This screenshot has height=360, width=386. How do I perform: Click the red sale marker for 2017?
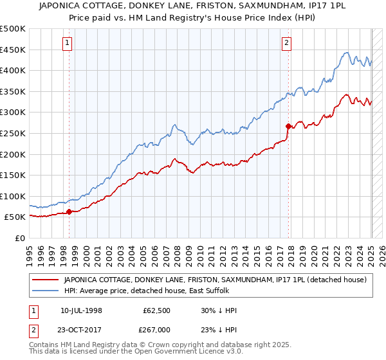tap(288, 126)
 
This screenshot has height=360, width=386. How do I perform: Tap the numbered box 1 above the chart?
tap(68, 44)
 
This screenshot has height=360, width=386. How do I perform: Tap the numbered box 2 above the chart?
tap(286, 44)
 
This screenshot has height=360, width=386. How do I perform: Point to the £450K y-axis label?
tap(13, 50)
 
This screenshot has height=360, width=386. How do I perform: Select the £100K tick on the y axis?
tap(13, 196)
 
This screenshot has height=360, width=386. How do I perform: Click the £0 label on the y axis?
tap(19, 238)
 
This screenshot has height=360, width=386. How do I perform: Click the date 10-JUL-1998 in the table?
tap(82, 310)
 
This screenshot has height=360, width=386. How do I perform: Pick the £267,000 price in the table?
tap(156, 329)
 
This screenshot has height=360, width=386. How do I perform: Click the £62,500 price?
tap(156, 310)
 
